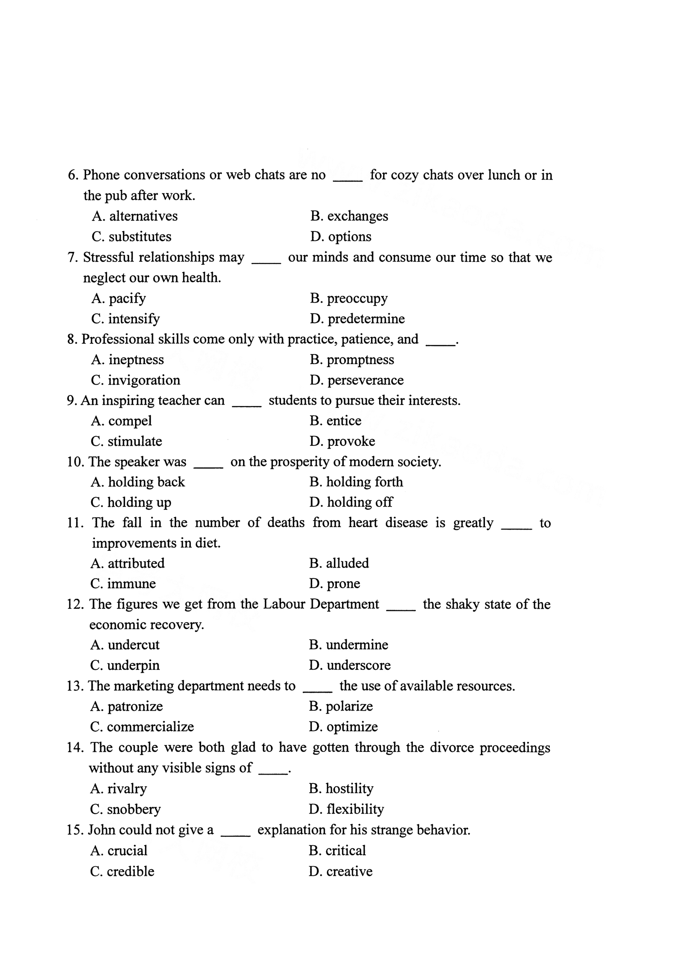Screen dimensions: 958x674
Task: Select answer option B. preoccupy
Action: [349, 298]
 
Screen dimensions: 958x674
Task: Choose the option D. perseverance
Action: [357, 380]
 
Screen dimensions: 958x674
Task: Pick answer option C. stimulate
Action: [126, 441]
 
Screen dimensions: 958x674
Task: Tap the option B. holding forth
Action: [356, 482]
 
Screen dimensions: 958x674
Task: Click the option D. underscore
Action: [349, 665]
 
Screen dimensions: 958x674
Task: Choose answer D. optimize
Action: [343, 726]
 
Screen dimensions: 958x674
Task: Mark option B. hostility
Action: [341, 788]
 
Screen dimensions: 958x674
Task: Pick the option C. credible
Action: [122, 871]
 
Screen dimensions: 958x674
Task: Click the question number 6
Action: [73, 175]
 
